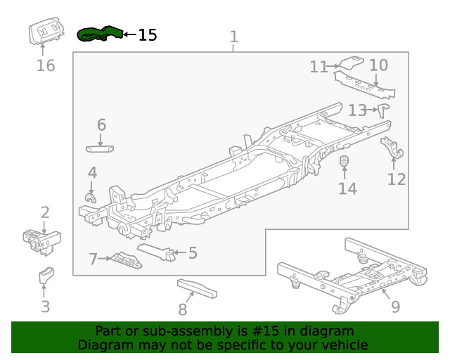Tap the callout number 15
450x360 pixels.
tap(148, 35)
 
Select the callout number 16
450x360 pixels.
tap(45, 66)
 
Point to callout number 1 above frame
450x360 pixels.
tap(234, 37)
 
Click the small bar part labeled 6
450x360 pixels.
tap(101, 148)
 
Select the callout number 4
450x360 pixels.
tap(92, 172)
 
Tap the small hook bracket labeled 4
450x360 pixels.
tap(90, 194)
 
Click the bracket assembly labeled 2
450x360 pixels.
tap(41, 240)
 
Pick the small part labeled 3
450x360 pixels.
tap(46, 276)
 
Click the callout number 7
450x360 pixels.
tap(93, 259)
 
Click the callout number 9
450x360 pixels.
tap(395, 306)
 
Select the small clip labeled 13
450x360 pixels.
tap(384, 110)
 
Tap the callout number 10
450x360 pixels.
tap(378, 66)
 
